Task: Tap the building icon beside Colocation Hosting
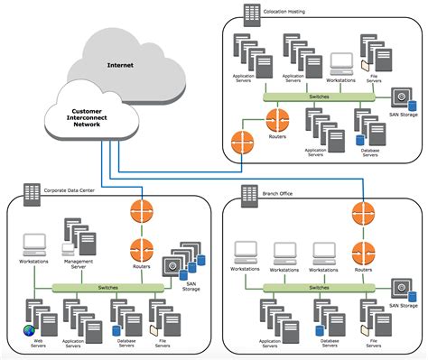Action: (x=251, y=12)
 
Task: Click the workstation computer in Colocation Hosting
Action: (x=341, y=63)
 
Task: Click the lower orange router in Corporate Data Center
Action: (x=141, y=247)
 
